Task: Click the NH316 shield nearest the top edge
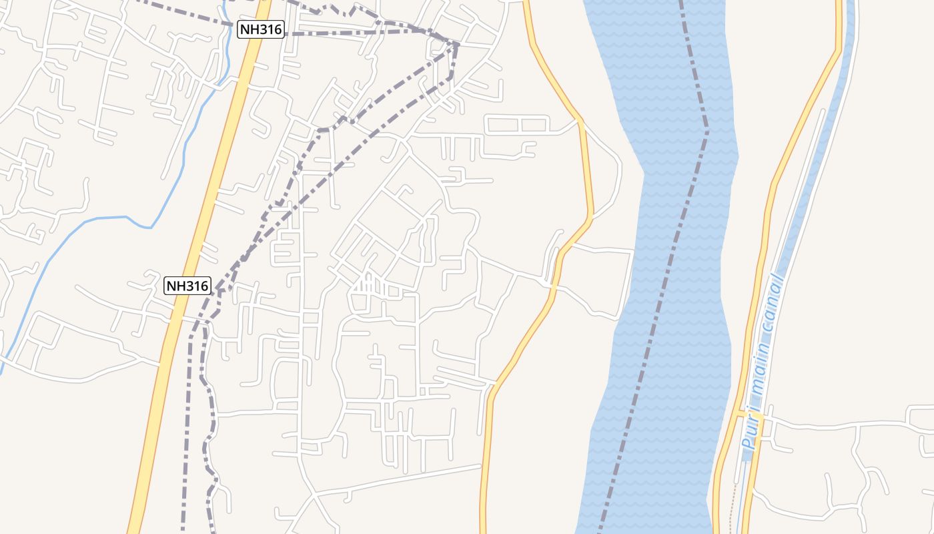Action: [261, 29]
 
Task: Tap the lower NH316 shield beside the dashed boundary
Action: [187, 286]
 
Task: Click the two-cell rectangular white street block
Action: [517, 125]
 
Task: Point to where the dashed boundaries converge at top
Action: [457, 45]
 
